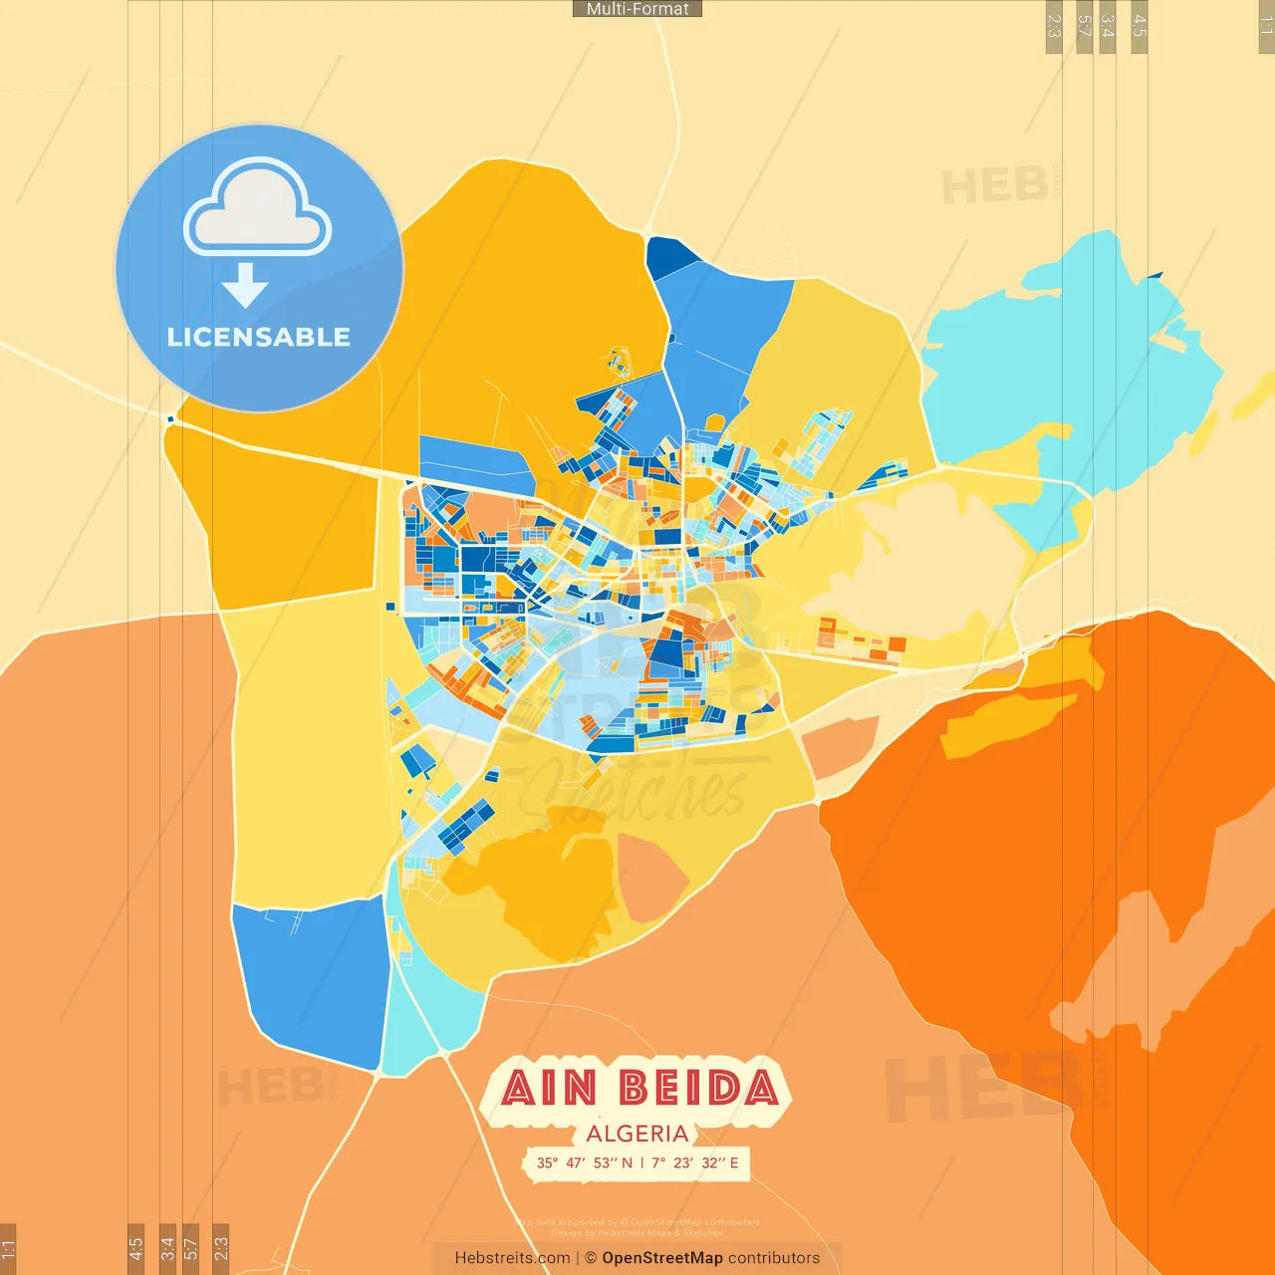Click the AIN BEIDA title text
[x=638, y=1088]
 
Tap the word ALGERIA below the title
[x=637, y=1134]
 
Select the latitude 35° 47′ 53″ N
[x=584, y=1162]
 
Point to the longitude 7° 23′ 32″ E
[x=695, y=1162]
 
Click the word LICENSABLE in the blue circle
[x=259, y=337]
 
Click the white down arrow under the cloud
[x=245, y=285]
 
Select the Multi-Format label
[x=637, y=9]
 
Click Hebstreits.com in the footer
[x=512, y=1258]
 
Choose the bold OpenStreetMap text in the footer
[x=662, y=1258]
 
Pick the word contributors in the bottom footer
[x=774, y=1258]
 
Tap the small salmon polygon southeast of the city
[x=840, y=747]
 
